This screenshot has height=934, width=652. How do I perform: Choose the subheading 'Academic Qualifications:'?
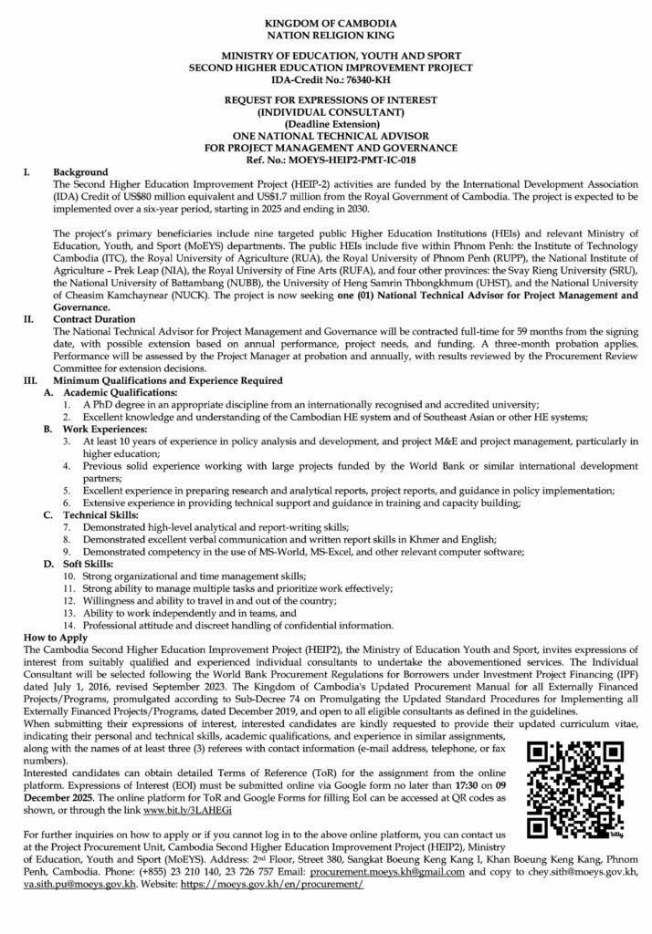tap(110, 389)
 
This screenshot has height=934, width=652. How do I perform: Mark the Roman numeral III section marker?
tap(30, 378)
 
